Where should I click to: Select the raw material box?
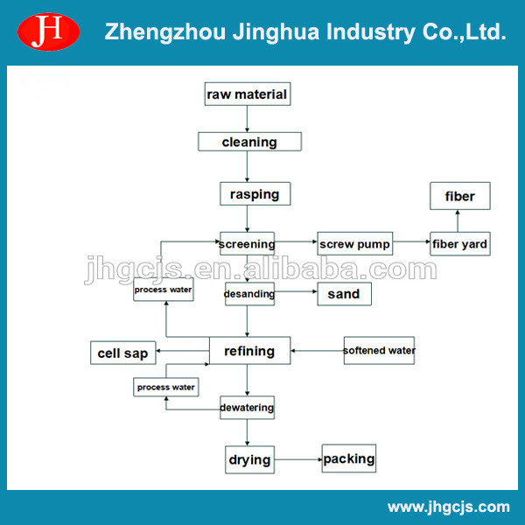coord(247,94)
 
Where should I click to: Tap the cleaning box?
coord(249,142)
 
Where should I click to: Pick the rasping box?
coord(254,193)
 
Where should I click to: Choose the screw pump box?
coord(353,243)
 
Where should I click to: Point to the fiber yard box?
coord(459,243)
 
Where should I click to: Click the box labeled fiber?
coord(459,196)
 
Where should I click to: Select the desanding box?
coord(249,294)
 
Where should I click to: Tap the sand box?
coord(343,294)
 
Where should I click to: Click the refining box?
coord(249,351)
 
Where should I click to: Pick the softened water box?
coord(379,351)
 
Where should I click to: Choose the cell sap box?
coord(122,353)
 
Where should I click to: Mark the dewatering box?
coord(247,407)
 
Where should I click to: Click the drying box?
coord(249,459)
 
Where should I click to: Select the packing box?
coord(349,458)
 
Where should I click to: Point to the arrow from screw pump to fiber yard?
coord(410,243)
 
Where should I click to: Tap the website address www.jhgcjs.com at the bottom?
coord(448,507)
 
